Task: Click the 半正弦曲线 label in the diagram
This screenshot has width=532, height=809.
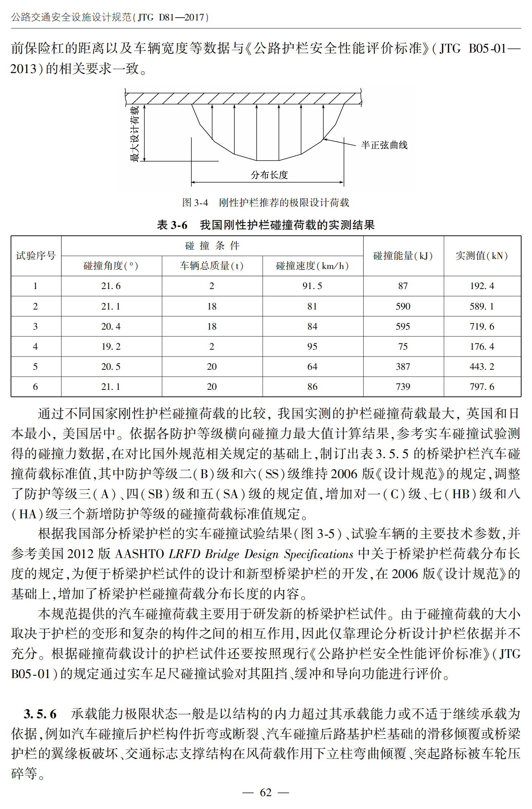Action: click(384, 145)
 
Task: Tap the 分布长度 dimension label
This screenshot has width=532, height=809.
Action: click(269, 175)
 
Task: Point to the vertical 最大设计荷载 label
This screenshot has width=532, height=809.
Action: click(135, 133)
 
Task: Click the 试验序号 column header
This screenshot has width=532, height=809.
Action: click(36, 256)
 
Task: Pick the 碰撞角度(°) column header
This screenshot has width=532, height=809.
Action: click(111, 266)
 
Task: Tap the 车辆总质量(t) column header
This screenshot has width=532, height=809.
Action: click(212, 266)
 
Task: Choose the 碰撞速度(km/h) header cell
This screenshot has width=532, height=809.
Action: click(312, 266)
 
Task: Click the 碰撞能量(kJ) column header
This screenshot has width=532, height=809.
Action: click(403, 256)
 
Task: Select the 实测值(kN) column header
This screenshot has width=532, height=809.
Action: click(482, 256)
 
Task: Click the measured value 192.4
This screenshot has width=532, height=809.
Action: click(482, 286)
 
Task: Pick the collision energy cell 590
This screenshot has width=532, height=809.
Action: click(403, 306)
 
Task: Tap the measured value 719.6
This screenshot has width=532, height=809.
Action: click(482, 326)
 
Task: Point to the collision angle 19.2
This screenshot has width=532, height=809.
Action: click(111, 346)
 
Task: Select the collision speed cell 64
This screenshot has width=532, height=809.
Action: click(312, 367)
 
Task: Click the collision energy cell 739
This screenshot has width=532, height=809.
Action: click(403, 387)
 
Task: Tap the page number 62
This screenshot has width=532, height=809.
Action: click(266, 792)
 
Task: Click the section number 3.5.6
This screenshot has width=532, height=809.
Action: click(40, 714)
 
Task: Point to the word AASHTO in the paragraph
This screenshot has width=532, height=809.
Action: click(139, 554)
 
